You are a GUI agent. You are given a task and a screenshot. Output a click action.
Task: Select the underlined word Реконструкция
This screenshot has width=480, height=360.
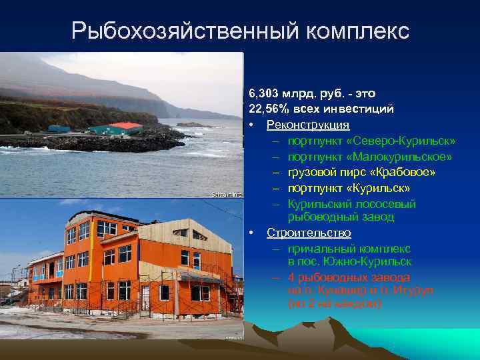pos(308,125)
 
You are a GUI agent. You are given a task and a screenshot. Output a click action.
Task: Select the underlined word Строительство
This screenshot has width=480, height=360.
pos(309,233)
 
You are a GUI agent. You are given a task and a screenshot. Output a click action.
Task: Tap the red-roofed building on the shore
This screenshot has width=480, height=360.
pos(127,127)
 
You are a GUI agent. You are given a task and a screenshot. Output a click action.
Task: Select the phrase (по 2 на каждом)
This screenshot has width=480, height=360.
pos(334,304)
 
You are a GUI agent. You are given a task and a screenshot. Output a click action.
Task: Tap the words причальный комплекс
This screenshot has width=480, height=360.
pos(349,248)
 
